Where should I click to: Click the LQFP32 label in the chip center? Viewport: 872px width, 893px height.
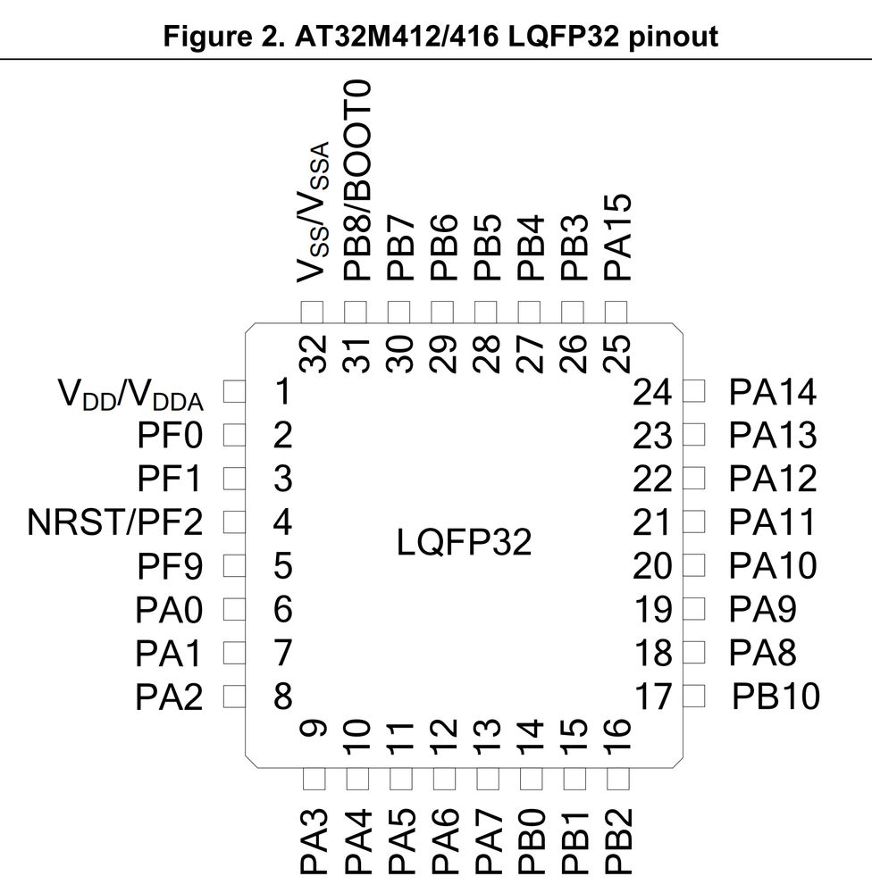point(464,542)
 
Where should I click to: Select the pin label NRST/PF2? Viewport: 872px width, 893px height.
point(115,522)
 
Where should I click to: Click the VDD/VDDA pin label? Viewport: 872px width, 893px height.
point(130,393)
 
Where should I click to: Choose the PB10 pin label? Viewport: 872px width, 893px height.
point(776,696)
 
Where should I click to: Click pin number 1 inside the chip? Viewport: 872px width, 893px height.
point(282,392)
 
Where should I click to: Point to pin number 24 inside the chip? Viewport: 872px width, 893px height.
point(651,392)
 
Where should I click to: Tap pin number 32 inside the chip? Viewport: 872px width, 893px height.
point(313,354)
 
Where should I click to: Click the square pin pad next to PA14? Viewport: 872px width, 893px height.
point(695,391)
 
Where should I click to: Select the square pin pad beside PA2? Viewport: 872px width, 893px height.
point(234,696)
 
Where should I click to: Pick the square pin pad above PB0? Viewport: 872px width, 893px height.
point(530,779)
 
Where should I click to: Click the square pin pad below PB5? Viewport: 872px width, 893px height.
point(486,312)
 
